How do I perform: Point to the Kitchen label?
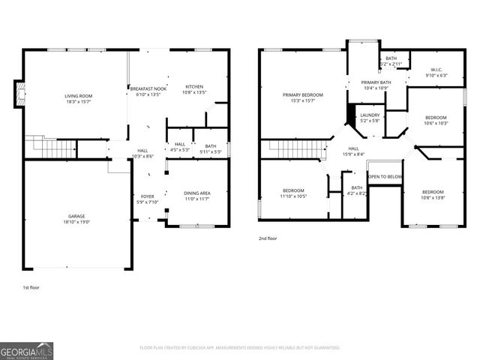point(194,86)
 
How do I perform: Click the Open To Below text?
point(385,177)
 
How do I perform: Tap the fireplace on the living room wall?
point(20,94)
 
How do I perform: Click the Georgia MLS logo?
point(27,350)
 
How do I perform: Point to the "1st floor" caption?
point(31,286)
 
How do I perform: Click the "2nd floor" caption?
point(267,238)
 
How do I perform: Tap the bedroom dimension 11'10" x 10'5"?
point(293,196)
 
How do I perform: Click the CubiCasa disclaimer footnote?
point(240,348)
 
